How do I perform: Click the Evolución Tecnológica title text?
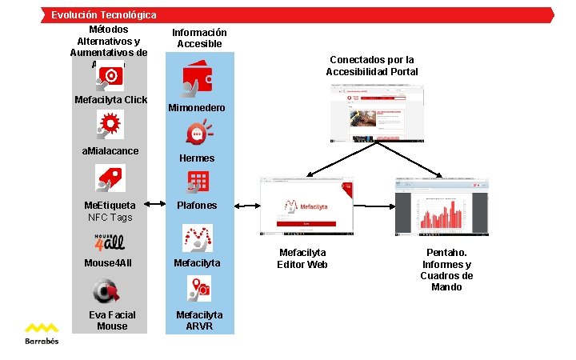click(x=104, y=14)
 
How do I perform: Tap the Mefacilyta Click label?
click(x=111, y=100)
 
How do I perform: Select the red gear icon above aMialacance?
click(x=110, y=124)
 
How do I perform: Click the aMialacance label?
click(x=110, y=151)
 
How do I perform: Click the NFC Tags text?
click(x=110, y=217)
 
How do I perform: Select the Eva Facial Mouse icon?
click(x=108, y=290)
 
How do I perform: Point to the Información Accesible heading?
click(x=199, y=38)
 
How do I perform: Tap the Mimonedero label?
click(x=197, y=108)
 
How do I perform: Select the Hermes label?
click(x=197, y=158)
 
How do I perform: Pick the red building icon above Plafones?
click(x=198, y=182)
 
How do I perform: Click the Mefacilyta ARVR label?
click(x=199, y=321)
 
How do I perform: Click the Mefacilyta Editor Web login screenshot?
click(x=306, y=208)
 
